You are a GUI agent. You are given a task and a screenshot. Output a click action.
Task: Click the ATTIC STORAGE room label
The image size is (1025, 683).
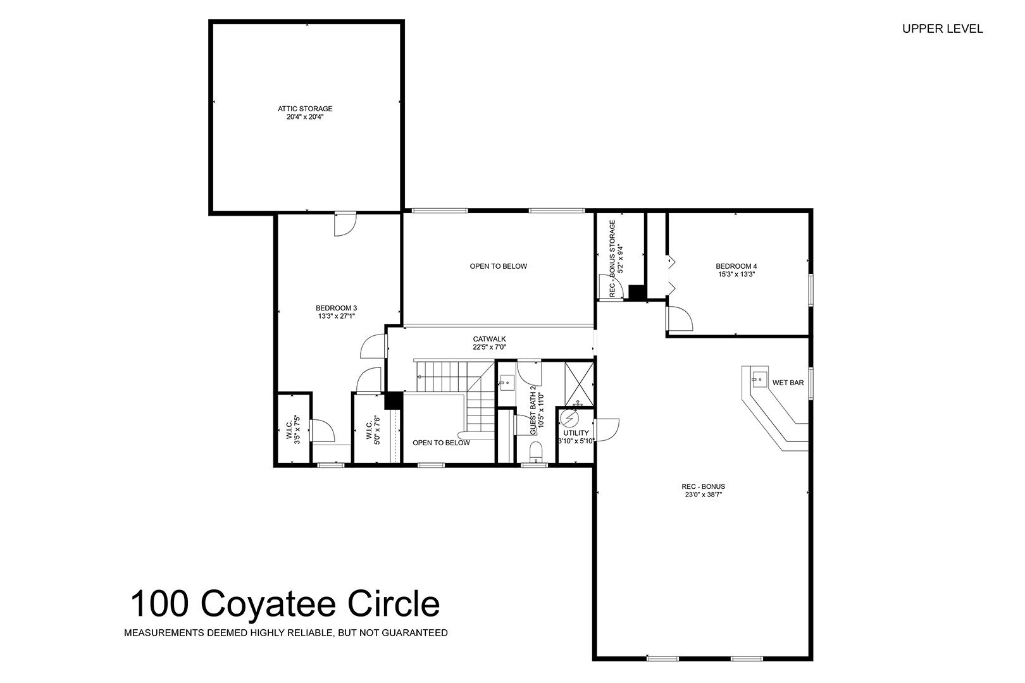click(305, 109)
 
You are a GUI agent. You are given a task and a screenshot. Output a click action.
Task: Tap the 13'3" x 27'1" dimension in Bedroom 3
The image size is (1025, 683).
click(337, 316)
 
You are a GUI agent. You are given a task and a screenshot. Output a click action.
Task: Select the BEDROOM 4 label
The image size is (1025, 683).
click(736, 266)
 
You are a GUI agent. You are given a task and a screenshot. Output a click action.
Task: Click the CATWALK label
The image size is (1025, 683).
click(489, 339)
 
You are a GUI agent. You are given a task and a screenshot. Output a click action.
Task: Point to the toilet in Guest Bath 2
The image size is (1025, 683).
click(535, 452)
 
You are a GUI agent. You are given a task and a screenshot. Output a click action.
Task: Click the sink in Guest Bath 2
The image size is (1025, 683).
click(507, 383)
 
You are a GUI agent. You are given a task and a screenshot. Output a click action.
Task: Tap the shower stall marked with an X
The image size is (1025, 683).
click(580, 383)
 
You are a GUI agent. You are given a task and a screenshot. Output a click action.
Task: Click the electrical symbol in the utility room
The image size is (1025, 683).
click(570, 418)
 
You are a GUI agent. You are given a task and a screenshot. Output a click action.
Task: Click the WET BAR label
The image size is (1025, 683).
click(788, 383)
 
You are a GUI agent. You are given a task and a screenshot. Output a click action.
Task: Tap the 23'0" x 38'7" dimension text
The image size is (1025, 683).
click(704, 494)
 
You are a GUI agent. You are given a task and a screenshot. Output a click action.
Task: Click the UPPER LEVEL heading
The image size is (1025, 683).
click(943, 29)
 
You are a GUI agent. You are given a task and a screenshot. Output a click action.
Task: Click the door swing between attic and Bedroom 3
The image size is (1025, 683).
click(345, 224)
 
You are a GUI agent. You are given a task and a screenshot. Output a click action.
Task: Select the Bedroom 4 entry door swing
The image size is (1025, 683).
click(680, 318)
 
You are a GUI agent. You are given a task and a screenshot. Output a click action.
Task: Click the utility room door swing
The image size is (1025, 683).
click(607, 430)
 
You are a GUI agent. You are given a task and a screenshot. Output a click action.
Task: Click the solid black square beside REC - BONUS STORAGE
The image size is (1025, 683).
click(637, 293)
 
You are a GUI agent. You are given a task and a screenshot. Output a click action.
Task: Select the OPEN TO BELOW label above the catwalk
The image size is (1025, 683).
click(499, 266)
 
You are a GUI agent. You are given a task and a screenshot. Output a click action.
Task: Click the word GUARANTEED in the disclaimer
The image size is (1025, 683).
click(414, 633)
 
